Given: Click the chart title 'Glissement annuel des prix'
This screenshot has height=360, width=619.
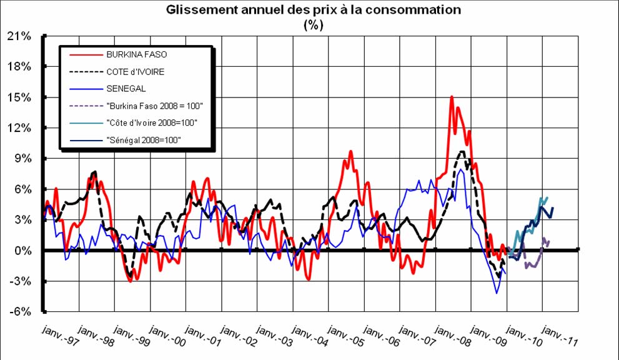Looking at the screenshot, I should coord(313,11).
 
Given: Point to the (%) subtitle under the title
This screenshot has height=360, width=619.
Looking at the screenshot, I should coord(313,24).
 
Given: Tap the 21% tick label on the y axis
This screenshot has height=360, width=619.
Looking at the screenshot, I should coord(19,36).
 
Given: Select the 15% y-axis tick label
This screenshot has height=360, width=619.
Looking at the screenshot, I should coord(19,97).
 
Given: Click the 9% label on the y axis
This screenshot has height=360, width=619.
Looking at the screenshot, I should coord(21,159).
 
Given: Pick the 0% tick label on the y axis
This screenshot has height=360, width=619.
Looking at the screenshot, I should coord(21,251).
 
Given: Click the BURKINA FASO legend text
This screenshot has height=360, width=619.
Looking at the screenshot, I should coord(137,54).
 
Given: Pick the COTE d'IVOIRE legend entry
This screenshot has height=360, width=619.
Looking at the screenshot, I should coord(136,72).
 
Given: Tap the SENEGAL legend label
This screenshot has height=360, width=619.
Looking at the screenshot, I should coord(126,89).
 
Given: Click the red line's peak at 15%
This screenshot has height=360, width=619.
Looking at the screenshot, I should coord(452,97).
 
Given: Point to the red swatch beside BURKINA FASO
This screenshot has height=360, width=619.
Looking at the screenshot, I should coord(84,54).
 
